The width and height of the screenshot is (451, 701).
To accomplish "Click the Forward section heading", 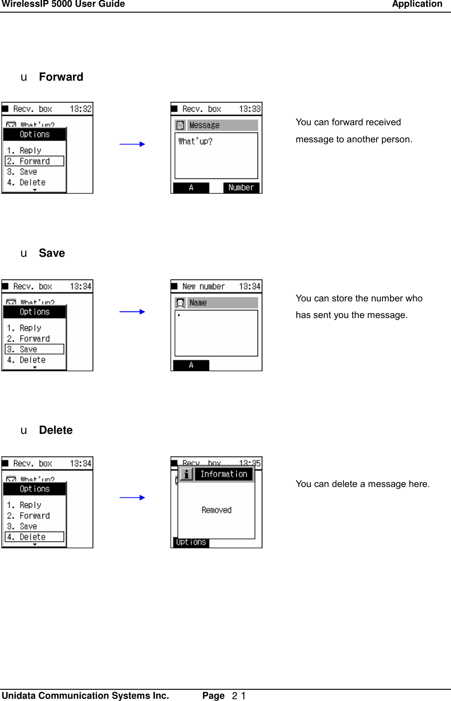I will pyautogui.click(x=61, y=77).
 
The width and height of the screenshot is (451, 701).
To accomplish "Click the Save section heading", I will pyautogui.click(x=52, y=253).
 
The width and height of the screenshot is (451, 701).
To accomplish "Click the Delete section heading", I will pyautogui.click(x=55, y=430).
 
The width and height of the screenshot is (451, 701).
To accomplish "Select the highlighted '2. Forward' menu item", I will pyautogui.click(x=34, y=161).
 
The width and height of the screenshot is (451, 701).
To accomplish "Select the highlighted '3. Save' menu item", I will pyautogui.click(x=34, y=349).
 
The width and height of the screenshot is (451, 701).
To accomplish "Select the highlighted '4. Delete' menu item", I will pyautogui.click(x=34, y=537).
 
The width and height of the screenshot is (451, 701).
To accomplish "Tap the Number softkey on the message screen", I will pyautogui.click(x=241, y=187).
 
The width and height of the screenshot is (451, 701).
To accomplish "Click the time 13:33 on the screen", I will pyautogui.click(x=249, y=109).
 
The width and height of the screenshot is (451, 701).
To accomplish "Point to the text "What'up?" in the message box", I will pyautogui.click(x=195, y=141).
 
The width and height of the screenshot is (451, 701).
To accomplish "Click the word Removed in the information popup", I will pyautogui.click(x=216, y=510).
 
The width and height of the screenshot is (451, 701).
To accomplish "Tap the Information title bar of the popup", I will pyautogui.click(x=224, y=474).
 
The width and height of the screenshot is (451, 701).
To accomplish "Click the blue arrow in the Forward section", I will pyautogui.click(x=132, y=144).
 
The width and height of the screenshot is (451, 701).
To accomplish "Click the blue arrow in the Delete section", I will pyautogui.click(x=132, y=498).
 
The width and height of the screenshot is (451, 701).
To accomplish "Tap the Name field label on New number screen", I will pyautogui.click(x=198, y=303).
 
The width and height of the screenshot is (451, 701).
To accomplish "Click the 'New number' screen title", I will pyautogui.click(x=203, y=287).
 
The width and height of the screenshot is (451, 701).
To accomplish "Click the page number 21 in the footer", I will pyautogui.click(x=239, y=696).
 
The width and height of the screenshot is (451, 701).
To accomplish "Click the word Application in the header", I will pyautogui.click(x=417, y=5).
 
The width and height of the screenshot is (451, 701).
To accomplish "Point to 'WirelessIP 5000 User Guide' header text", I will pyautogui.click(x=63, y=5).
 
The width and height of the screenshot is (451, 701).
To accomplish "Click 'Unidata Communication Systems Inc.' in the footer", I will pyautogui.click(x=85, y=696).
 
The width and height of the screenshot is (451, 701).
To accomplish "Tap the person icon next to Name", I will pyautogui.click(x=180, y=303).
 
